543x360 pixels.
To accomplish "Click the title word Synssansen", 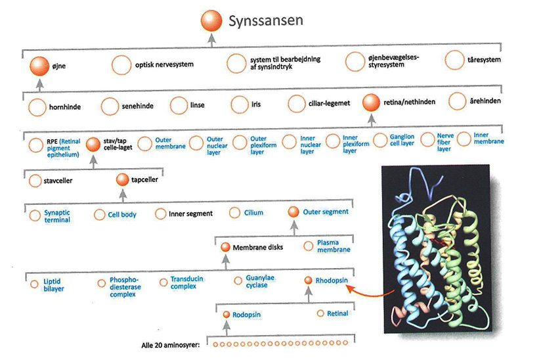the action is tap(266, 21).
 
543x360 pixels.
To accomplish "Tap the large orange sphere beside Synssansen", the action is tap(211, 21).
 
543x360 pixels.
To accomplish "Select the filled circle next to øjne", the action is tap(39, 66).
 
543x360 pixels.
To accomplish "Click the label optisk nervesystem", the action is tap(164, 64).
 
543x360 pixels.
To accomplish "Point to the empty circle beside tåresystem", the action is tap(454, 60).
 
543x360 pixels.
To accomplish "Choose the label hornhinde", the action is tap(65, 107).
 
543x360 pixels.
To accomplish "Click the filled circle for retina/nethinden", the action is tap(371, 102).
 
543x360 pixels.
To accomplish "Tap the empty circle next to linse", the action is tap(179, 105).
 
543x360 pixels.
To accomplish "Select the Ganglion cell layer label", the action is tap(402, 140).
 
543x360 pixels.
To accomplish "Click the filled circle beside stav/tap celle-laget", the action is tap(93, 145).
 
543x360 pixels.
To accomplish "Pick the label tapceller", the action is tap(144, 180).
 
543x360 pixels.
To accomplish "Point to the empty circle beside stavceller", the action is tap(35, 181).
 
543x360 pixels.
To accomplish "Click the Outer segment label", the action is tap(326, 212).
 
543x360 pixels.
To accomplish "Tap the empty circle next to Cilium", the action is tap(234, 213).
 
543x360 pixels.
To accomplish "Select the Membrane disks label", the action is tap(257, 248).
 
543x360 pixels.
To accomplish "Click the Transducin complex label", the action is tap(186, 282).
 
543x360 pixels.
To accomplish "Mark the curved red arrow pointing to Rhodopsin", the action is tap(370, 292).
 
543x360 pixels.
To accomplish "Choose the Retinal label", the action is tap(337, 313).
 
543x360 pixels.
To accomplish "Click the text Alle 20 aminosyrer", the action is tap(170, 345).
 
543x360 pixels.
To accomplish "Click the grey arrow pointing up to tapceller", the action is tap(123, 195).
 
